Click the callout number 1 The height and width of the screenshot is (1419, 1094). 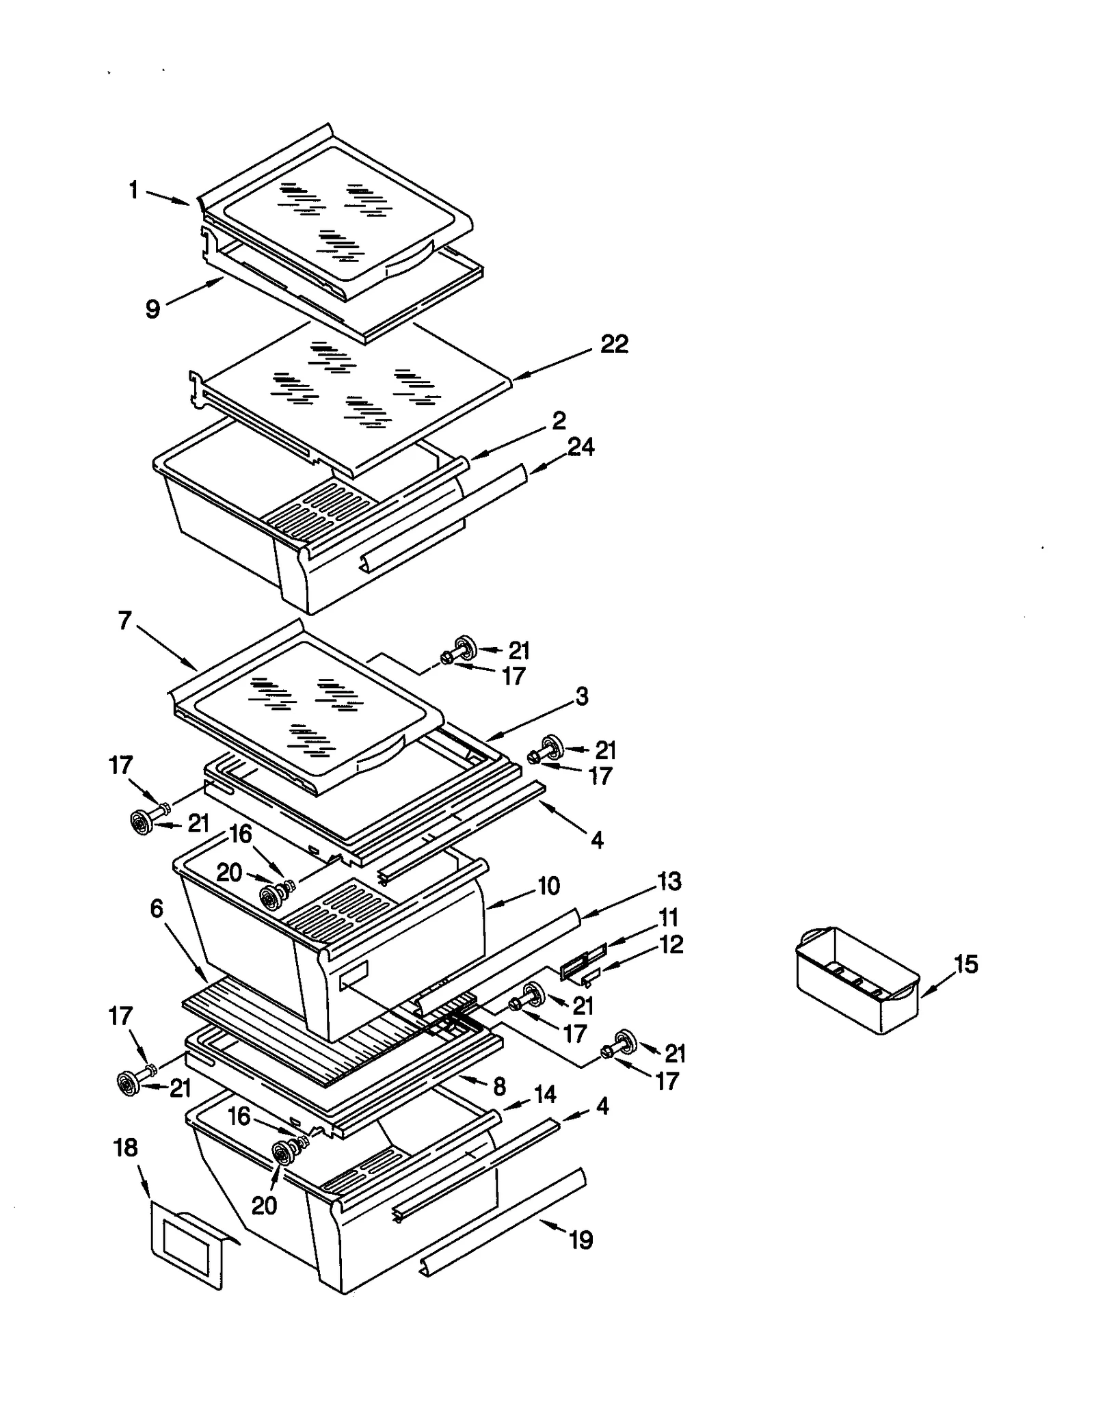click(x=134, y=190)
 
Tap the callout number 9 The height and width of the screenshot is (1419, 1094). click(x=153, y=309)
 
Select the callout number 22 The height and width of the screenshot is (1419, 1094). click(x=613, y=344)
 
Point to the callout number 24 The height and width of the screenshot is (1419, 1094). click(x=581, y=447)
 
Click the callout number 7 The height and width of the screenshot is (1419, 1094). click(x=124, y=621)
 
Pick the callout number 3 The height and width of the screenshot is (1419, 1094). click(x=581, y=696)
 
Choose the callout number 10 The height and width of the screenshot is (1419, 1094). click(x=548, y=886)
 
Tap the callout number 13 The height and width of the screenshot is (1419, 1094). click(x=669, y=881)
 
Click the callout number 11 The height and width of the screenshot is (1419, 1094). click(x=668, y=916)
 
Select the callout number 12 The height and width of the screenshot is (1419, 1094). click(x=671, y=944)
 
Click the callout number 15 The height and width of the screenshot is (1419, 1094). click(x=966, y=964)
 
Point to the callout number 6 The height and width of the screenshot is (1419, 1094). click(x=157, y=909)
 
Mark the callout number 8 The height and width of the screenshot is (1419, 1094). click(x=499, y=1086)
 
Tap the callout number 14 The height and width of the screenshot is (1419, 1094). click(x=544, y=1094)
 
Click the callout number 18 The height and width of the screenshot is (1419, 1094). click(x=126, y=1148)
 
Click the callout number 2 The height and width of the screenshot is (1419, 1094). click(x=559, y=420)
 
